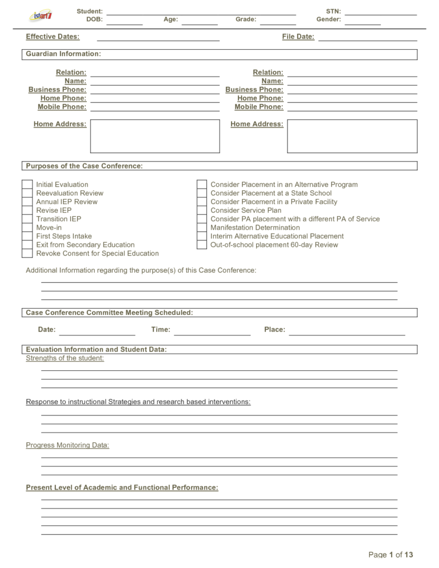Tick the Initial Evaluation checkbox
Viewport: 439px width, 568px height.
pyautogui.click(x=27, y=185)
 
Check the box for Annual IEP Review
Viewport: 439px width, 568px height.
pyautogui.click(x=27, y=202)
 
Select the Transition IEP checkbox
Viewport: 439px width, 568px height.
pyautogui.click(x=27, y=219)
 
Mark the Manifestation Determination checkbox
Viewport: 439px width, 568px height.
pyautogui.click(x=202, y=227)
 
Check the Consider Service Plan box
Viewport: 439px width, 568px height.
pyautogui.click(x=202, y=210)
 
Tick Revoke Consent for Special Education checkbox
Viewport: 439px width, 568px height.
pyautogui.click(x=27, y=253)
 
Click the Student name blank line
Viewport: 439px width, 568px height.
pyautogui.click(x=201, y=12)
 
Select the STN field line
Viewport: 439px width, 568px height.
pyautogui.click(x=381, y=12)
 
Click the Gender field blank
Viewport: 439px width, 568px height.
pyautogui.click(x=362, y=21)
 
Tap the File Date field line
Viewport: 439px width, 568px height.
pyautogui.click(x=368, y=38)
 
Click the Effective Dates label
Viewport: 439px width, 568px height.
pyautogui.click(x=53, y=37)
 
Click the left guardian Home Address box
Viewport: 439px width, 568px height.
pyautogui.click(x=155, y=136)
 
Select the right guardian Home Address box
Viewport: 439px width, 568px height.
pyautogui.click(x=352, y=136)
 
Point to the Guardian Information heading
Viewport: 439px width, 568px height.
pyautogui.click(x=63, y=54)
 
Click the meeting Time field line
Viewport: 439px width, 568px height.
pyautogui.click(x=212, y=331)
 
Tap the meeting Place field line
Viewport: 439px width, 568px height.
pyautogui.click(x=347, y=331)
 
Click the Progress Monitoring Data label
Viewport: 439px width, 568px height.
pyautogui.click(x=67, y=445)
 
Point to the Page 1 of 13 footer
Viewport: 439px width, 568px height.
pyautogui.click(x=390, y=554)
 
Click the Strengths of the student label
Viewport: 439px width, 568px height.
pyautogui.click(x=65, y=358)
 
